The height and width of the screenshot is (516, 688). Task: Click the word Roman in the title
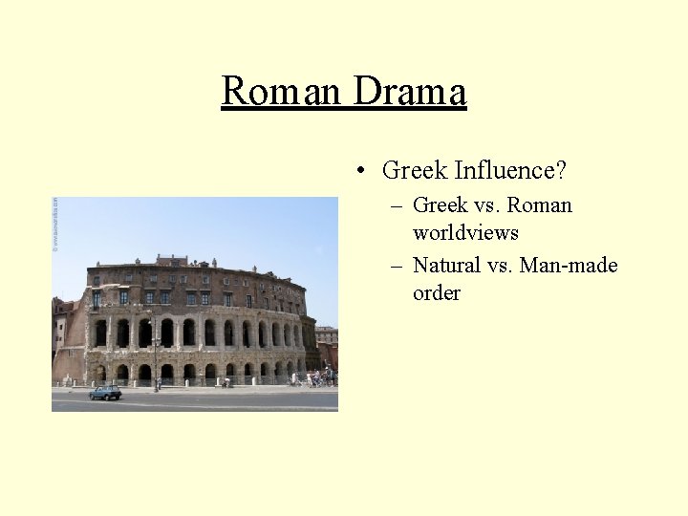(282, 92)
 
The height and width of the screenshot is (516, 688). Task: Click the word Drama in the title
(409, 92)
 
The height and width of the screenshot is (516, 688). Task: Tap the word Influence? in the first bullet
(510, 171)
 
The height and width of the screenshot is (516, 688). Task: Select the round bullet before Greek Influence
(359, 171)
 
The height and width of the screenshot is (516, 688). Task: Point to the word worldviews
(465, 232)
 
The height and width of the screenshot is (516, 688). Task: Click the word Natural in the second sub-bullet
(447, 266)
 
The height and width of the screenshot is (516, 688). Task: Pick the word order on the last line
(436, 292)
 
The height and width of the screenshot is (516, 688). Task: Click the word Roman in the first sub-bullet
(540, 205)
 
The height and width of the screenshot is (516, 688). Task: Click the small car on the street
(105, 392)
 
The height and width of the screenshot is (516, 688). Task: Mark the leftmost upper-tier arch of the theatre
(100, 333)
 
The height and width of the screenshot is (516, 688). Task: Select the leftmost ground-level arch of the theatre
(100, 373)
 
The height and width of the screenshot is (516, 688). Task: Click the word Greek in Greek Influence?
(415, 171)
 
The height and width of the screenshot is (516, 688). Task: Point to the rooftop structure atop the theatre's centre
(172, 260)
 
